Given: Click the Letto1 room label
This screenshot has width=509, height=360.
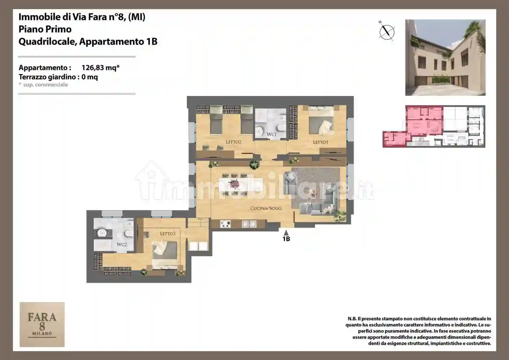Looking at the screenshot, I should tap(320, 142).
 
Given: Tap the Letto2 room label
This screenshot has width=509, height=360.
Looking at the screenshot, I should tap(233, 142).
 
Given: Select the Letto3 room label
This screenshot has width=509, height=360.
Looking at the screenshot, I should tap(168, 233).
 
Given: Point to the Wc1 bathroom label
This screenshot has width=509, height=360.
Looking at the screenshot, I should tap(271, 134).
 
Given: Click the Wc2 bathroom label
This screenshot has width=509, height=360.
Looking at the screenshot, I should tap(122, 244).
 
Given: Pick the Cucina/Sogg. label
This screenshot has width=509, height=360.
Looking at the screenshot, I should tap(266, 208).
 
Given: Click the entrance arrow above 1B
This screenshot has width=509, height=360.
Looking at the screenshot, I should tap(286, 233).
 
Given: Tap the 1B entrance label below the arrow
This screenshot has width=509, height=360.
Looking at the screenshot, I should tap(286, 239).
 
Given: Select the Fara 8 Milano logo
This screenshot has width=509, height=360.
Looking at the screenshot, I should tap(42, 324).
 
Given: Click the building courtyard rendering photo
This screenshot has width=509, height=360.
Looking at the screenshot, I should tap(445, 58).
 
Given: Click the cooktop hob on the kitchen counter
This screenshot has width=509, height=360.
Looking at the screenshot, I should tap(225, 224).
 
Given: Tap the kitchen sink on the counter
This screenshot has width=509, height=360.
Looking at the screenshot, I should tap(249, 224).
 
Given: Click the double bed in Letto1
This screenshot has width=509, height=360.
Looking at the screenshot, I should tap(321, 123).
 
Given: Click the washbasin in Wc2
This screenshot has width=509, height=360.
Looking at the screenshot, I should tap(102, 233).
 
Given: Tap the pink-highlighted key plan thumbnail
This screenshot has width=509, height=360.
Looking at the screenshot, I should tap(434, 126).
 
